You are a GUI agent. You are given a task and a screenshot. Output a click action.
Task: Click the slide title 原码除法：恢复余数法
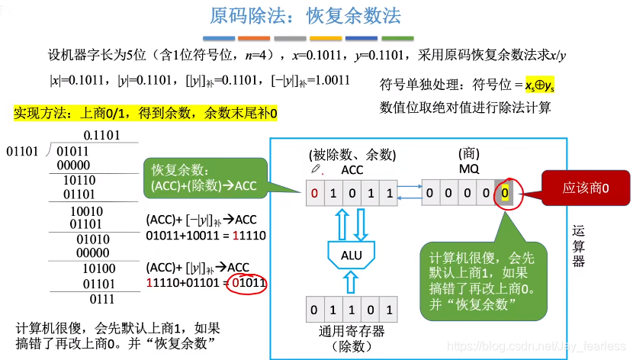304,15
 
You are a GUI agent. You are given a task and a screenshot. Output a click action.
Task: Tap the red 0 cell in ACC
313,193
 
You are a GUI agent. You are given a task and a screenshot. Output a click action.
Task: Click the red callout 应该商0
585,186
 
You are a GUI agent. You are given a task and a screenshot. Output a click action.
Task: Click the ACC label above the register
352,170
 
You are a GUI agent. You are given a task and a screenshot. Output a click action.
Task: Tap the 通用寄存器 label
352,331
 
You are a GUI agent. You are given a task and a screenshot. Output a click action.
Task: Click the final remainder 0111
101,299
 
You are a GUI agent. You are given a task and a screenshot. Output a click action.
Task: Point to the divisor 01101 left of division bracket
22,152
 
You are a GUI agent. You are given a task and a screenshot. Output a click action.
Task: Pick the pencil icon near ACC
315,169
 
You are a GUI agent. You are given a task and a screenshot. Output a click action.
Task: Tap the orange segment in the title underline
254,38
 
